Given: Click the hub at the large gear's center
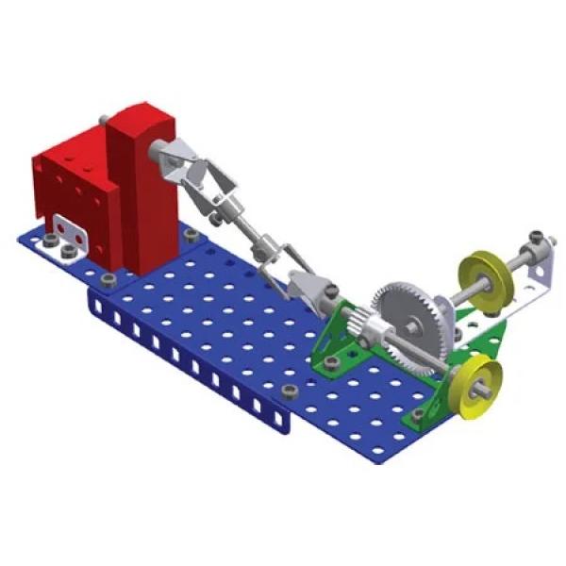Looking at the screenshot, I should tap(413, 323).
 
